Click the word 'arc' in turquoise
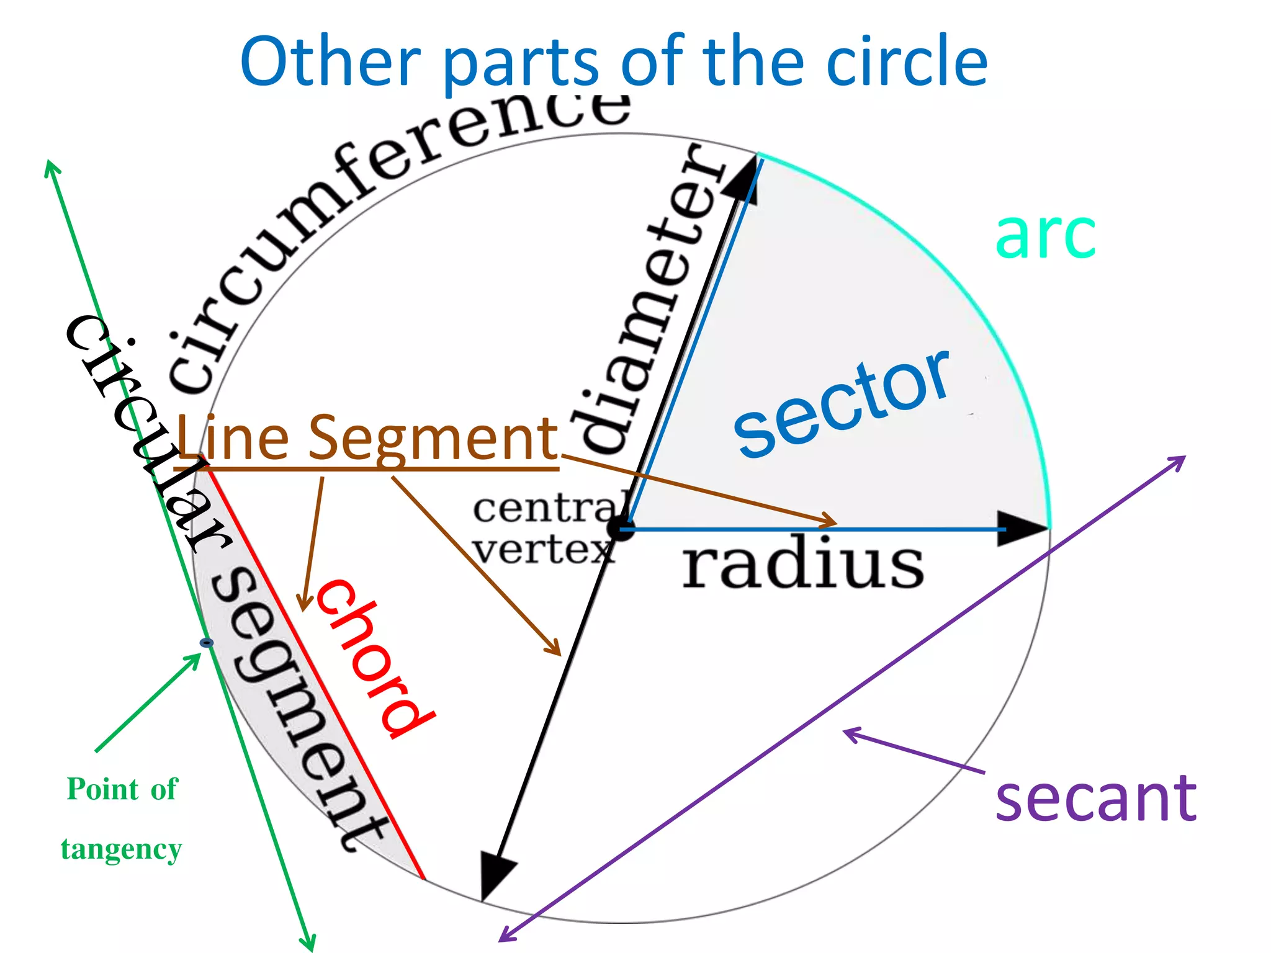1045,236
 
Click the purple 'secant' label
1095,800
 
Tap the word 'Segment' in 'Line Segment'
434,438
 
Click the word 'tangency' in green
122,849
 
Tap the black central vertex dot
621,528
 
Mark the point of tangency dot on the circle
207,643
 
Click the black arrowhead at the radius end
1021,529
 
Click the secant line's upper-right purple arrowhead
1177,462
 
